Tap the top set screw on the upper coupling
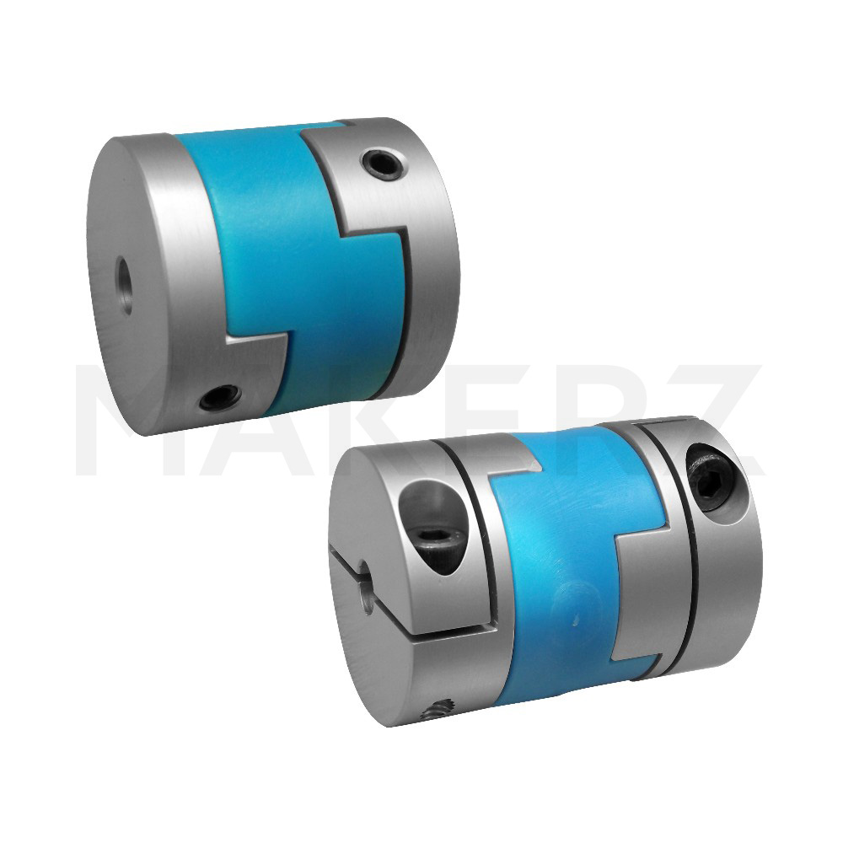tap(382, 164)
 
